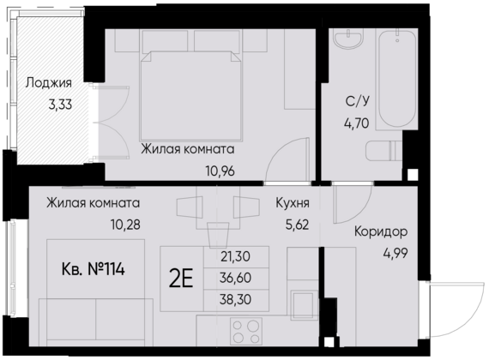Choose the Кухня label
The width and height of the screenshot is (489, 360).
293,204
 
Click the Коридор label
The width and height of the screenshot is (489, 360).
380,232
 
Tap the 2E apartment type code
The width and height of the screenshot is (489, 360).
183,279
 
